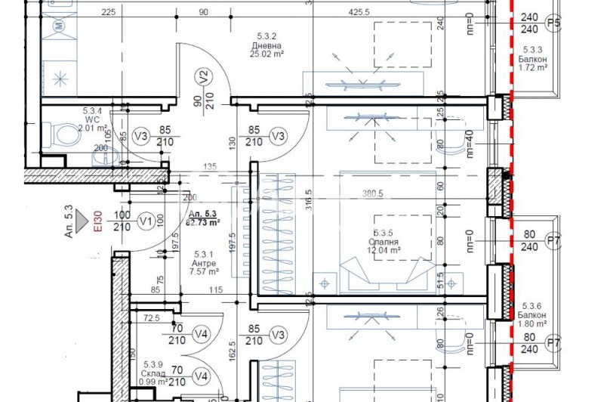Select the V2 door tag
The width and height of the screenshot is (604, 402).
click(x=202, y=76)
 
